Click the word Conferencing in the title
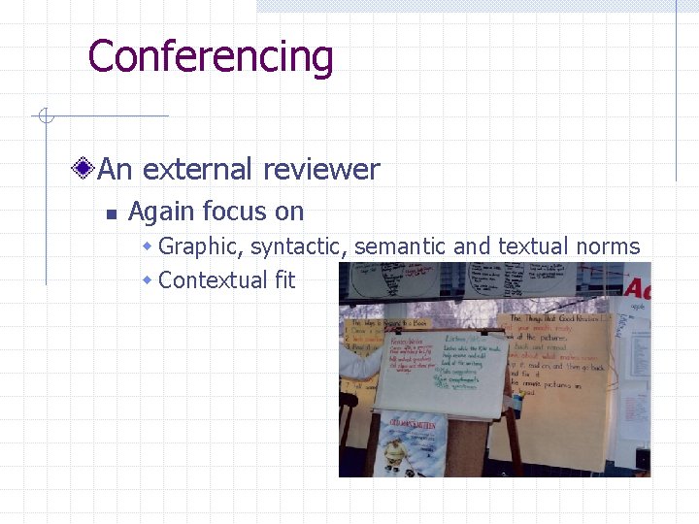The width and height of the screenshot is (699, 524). [210, 56]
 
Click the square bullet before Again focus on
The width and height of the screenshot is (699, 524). [111, 213]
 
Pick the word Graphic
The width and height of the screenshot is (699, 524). [200, 246]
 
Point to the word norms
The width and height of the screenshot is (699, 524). [608, 246]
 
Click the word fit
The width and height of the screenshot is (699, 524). [284, 280]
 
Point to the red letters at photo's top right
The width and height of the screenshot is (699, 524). [637, 287]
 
